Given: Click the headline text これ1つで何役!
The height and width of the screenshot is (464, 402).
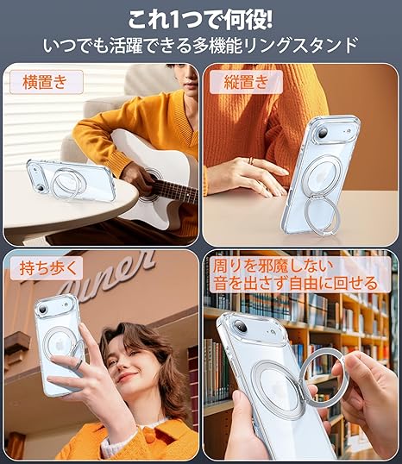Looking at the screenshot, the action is tap(200, 20).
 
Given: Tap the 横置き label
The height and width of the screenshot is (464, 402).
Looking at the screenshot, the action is tap(45, 82).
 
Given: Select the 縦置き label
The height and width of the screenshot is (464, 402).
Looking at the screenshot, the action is tap(247, 82).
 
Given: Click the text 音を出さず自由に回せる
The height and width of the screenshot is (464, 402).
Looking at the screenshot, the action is tap(295, 283).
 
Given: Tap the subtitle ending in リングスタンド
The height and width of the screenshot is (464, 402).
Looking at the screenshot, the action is tap(200, 46).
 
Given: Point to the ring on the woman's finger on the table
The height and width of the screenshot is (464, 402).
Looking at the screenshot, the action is tap(251, 160).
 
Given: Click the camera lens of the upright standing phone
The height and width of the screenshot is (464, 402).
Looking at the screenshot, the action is tap(322, 131).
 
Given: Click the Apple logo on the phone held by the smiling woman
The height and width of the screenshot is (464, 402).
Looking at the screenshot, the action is tap(60, 344).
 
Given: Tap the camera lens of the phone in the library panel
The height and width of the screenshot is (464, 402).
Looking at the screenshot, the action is tap(240, 326).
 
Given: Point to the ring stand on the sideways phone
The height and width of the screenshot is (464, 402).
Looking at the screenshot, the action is tap(66, 184).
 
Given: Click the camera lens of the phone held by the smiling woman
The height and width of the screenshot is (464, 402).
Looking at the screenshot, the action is tap(41, 310).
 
